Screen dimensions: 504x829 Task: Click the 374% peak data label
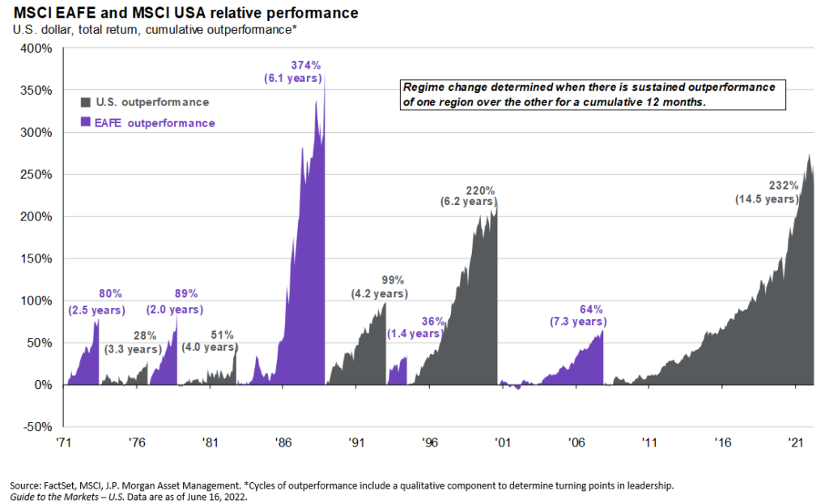pos(305,66)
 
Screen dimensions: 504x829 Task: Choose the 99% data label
pos(393,280)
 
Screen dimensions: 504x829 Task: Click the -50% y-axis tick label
pos(37,427)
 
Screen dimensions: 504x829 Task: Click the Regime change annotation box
pos(589,94)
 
